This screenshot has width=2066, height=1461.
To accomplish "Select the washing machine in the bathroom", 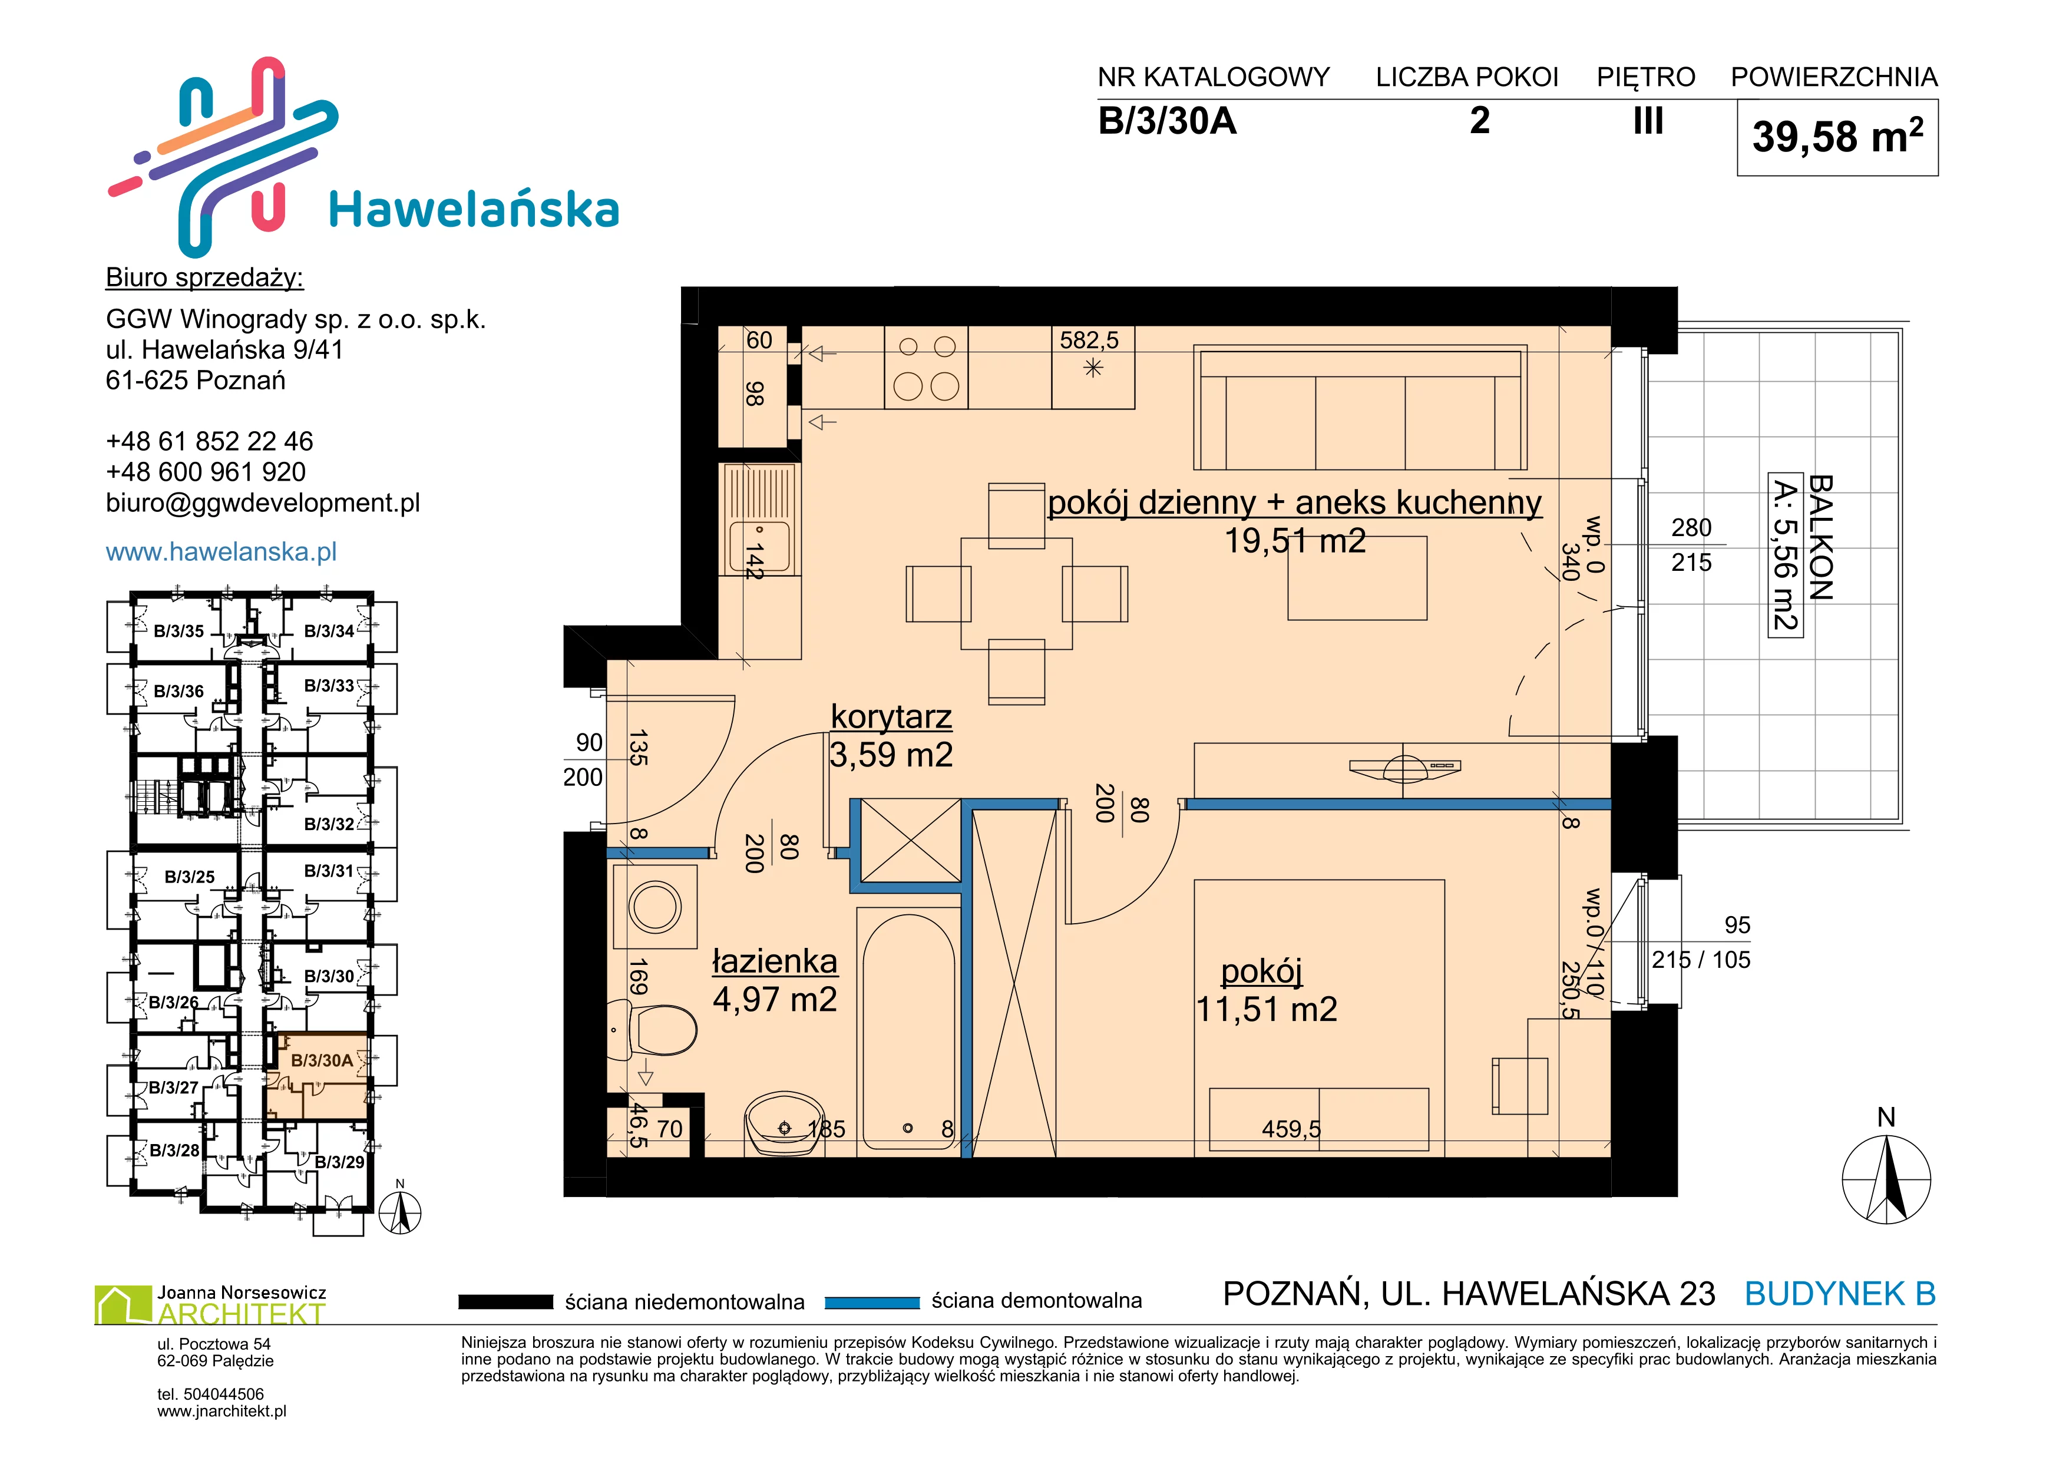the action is (655, 907).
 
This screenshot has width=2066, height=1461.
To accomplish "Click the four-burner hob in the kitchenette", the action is (926, 368).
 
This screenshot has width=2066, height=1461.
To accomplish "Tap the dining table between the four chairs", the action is (1016, 594).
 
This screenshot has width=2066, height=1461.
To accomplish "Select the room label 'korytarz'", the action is (891, 716).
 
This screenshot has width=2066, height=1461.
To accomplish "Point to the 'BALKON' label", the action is (1820, 538).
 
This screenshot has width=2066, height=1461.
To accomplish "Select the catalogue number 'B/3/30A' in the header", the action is (1167, 121).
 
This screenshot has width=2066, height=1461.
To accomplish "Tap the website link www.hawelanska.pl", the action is (222, 551).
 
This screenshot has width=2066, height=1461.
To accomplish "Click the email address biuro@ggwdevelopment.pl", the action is (263, 503).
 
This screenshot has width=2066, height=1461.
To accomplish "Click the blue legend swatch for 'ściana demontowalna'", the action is (872, 1302).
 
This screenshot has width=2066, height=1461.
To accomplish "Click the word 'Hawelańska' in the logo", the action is (474, 210).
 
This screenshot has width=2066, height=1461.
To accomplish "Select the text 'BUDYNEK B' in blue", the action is (1840, 1294).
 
